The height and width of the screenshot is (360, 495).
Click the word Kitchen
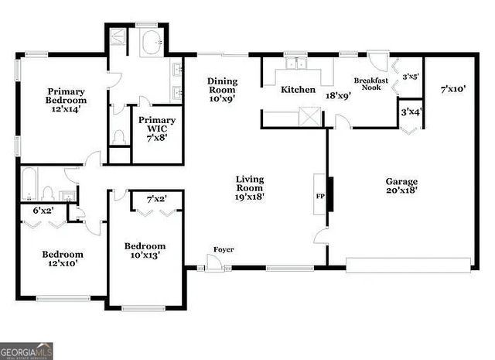(x=298, y=90)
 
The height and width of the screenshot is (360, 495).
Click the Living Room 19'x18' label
(x=250, y=188)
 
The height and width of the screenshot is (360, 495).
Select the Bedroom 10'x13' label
(x=145, y=252)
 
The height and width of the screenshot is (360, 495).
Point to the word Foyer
(x=224, y=249)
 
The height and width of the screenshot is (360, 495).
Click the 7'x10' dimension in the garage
(x=453, y=90)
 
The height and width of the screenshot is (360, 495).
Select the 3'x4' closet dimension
(x=411, y=113)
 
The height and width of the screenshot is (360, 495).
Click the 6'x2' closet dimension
(x=43, y=211)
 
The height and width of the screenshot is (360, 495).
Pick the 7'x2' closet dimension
(x=156, y=199)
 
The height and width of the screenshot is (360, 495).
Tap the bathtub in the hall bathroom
(x=30, y=186)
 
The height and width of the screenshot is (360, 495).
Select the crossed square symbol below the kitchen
(x=309, y=118)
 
